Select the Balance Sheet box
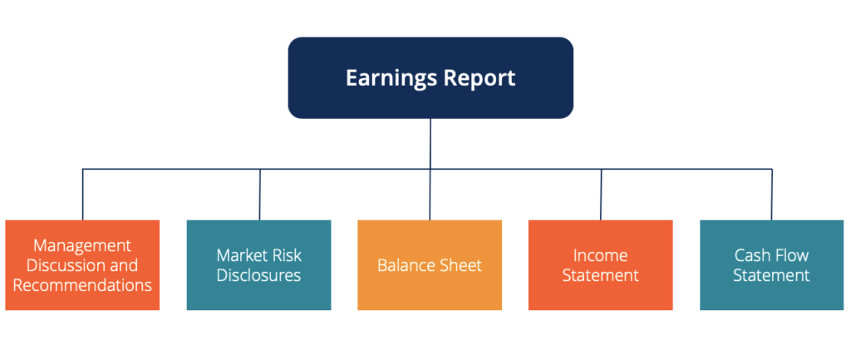click(x=430, y=265)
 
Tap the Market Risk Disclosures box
click(x=258, y=265)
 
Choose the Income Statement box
click(x=600, y=265)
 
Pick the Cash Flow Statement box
click(x=771, y=265)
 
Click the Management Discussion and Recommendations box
click(x=82, y=265)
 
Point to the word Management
click(x=82, y=246)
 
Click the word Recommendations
click(x=82, y=285)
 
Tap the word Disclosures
click(x=258, y=275)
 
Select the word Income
click(x=600, y=255)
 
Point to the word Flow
click(x=789, y=255)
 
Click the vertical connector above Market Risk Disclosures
click(x=260, y=195)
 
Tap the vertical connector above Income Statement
click(x=602, y=195)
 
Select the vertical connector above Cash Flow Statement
click(x=772, y=195)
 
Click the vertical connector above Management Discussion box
click(x=82, y=195)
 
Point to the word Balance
click(x=407, y=266)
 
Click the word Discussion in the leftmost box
click(x=71, y=265)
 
